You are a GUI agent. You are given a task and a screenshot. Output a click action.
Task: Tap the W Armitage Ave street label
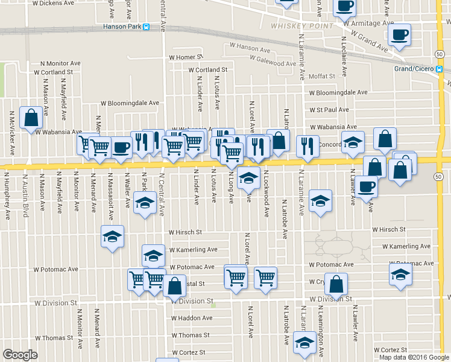click(369, 24)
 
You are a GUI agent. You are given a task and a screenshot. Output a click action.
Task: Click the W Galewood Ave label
click(274, 63)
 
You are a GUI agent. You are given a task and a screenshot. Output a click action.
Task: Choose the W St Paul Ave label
click(329, 110)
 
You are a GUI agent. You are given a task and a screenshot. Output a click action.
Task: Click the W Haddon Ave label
click(192, 318)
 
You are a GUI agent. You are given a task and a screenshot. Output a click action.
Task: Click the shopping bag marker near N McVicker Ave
click(31, 118)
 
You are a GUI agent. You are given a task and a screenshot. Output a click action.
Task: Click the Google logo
click(20, 355)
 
